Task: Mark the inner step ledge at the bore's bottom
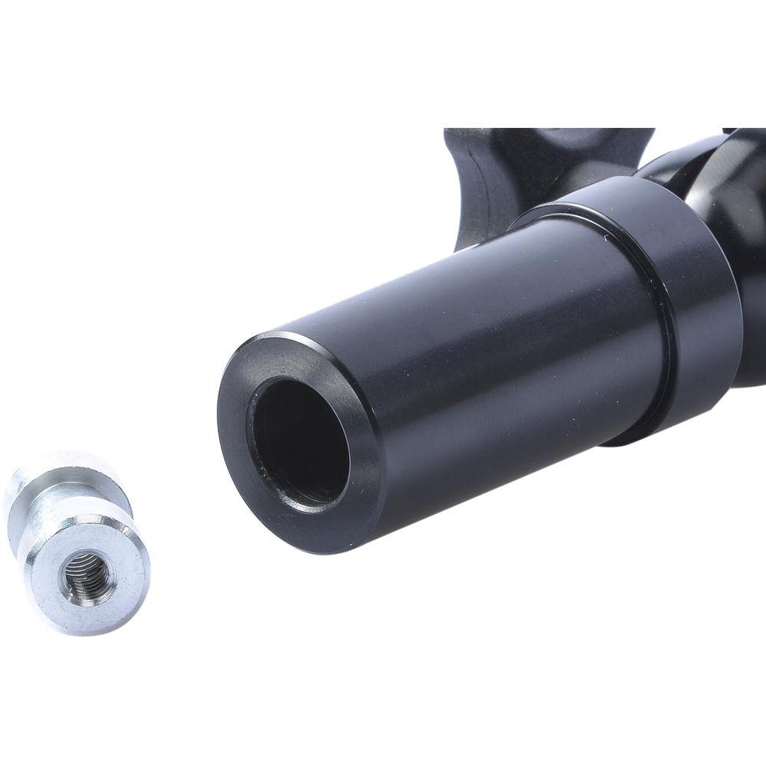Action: pos(314,494)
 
